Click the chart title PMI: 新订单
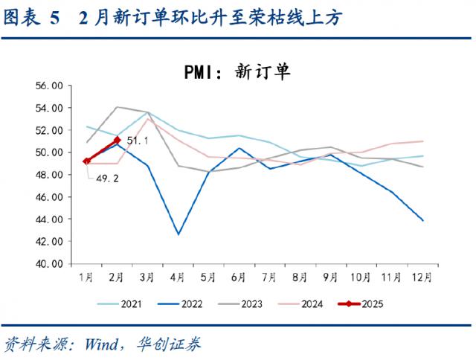click(x=237, y=72)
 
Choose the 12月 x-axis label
click(x=422, y=277)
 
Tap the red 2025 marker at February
click(x=118, y=139)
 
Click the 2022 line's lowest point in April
click(x=178, y=234)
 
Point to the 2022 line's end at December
click(x=423, y=220)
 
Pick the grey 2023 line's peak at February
click(x=118, y=106)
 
